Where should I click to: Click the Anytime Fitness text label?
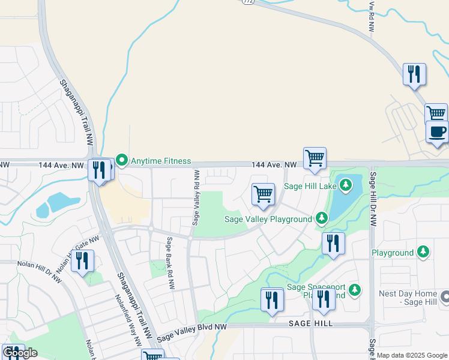(161, 161)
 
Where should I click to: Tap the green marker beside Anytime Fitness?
(122, 160)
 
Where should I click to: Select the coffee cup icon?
(437, 131)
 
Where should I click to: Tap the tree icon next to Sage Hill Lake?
(345, 185)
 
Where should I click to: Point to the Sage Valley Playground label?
(268, 219)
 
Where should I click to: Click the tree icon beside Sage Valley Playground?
(322, 218)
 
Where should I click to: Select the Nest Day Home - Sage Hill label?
(408, 299)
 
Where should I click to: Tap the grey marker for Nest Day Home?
(445, 296)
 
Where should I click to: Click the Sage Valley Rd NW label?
(196, 197)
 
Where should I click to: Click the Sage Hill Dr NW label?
(373, 200)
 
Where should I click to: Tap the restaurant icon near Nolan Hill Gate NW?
(82, 260)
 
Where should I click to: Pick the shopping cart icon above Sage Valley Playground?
(263, 194)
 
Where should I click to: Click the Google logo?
(20, 353)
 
